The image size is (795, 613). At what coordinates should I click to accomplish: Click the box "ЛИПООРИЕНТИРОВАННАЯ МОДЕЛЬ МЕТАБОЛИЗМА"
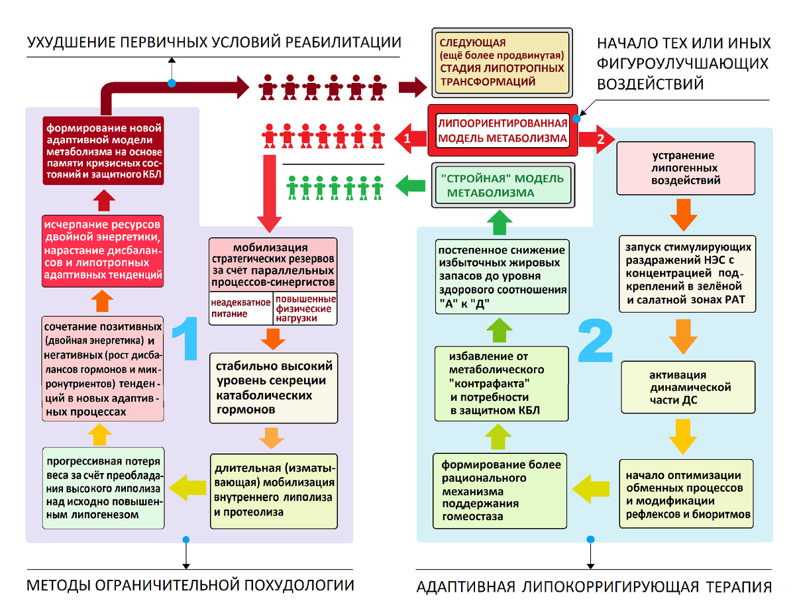(503, 131)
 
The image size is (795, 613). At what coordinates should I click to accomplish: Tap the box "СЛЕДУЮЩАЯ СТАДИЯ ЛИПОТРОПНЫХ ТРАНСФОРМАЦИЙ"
(502, 63)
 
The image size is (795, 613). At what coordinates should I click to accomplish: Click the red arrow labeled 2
(597, 139)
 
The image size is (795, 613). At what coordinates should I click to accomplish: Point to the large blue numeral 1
(185, 338)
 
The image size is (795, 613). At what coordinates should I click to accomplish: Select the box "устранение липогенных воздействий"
(686, 168)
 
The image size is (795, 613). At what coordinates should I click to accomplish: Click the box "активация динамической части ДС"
(687, 388)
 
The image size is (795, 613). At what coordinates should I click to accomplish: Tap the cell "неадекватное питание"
(240, 308)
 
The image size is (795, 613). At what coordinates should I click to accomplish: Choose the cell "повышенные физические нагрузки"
(305, 309)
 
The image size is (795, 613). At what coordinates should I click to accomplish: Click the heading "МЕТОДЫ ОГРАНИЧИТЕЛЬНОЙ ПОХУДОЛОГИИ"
(189, 585)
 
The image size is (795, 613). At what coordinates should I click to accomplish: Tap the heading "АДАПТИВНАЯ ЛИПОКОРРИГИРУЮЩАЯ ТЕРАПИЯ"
(594, 587)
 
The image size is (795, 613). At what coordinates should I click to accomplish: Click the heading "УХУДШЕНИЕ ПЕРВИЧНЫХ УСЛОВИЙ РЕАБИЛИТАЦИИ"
(213, 43)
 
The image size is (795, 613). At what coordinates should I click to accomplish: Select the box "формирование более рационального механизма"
(500, 490)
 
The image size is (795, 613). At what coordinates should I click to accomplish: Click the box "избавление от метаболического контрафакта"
(501, 383)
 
